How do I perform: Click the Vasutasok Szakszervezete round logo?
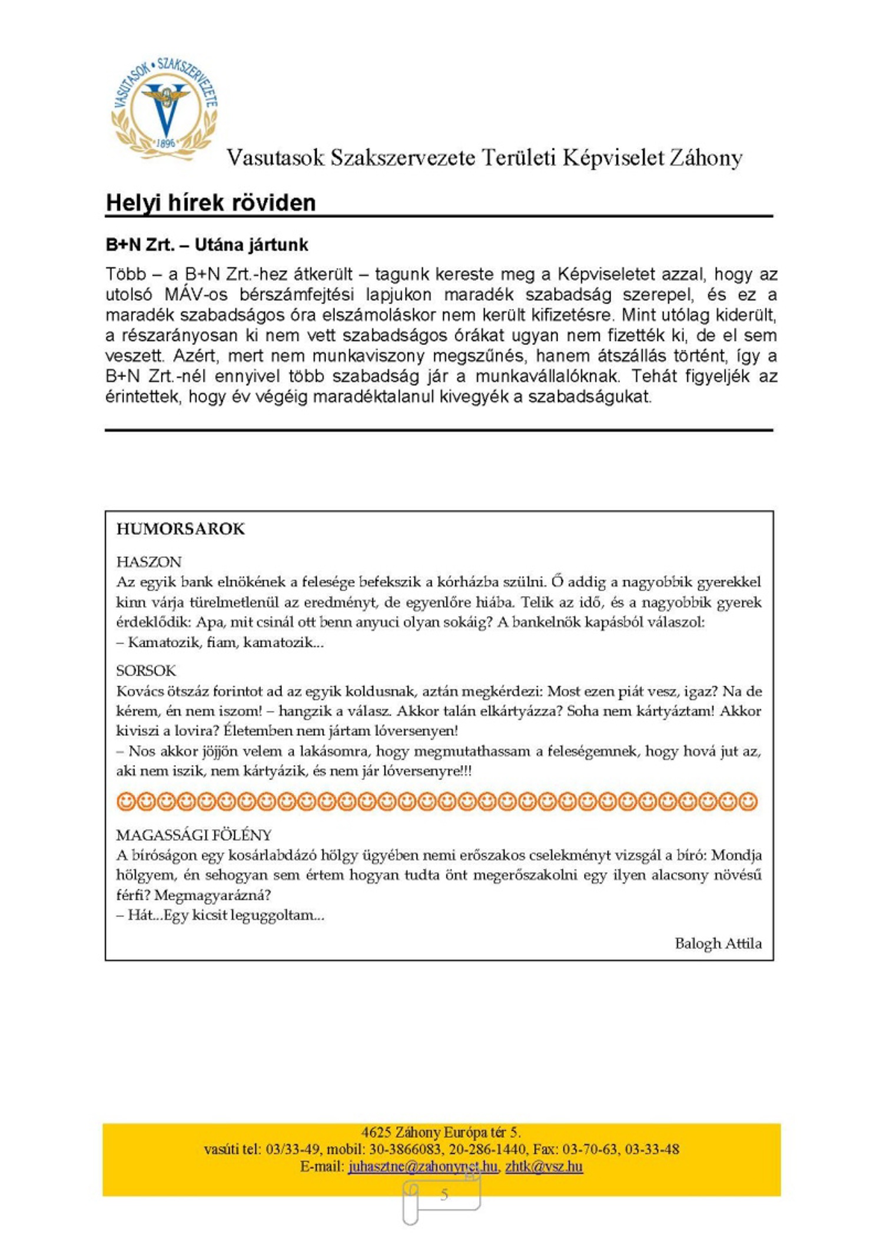[165, 109]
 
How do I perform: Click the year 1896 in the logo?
[166, 143]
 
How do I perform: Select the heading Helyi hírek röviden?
[211, 203]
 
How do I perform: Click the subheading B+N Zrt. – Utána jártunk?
[207, 244]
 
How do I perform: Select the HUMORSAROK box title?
[180, 529]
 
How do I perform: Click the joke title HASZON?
[149, 561]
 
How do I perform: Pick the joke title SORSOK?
[146, 670]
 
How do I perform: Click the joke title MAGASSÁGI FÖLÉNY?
[194, 835]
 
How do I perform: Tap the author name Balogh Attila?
[718, 943]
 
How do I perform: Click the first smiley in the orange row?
[126, 802]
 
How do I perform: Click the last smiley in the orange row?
[748, 802]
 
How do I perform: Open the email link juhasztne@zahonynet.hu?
[423, 1166]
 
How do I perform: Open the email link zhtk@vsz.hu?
[544, 1166]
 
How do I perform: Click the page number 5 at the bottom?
[444, 1194]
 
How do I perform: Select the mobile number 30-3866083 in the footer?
[406, 1149]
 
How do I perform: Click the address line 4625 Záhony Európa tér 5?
[441, 1132]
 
